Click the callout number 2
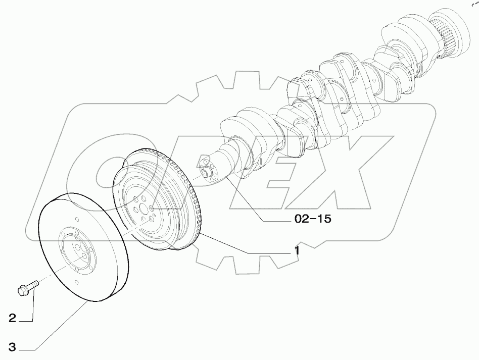pyautogui.click(x=12, y=318)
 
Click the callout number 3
pyautogui.click(x=12, y=347)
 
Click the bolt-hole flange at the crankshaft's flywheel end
pyautogui.click(x=209, y=171)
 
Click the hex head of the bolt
pyautogui.click(x=22, y=290)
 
